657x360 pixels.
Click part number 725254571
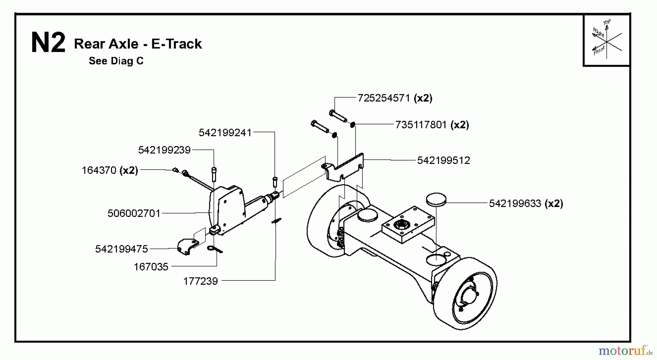(385, 98)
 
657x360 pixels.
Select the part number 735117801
(420, 125)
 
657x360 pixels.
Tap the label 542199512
(443, 160)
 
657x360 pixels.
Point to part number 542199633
(515, 203)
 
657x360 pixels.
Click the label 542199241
(225, 133)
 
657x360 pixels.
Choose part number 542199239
(164, 150)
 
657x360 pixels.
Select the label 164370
(99, 170)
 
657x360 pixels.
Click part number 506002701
(134, 213)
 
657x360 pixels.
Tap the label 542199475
(122, 249)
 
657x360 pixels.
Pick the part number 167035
(151, 267)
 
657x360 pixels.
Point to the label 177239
(200, 281)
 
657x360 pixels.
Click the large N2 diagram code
(48, 43)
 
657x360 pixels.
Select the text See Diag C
(116, 61)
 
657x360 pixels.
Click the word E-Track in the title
(176, 44)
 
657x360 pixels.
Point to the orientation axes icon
(606, 40)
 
